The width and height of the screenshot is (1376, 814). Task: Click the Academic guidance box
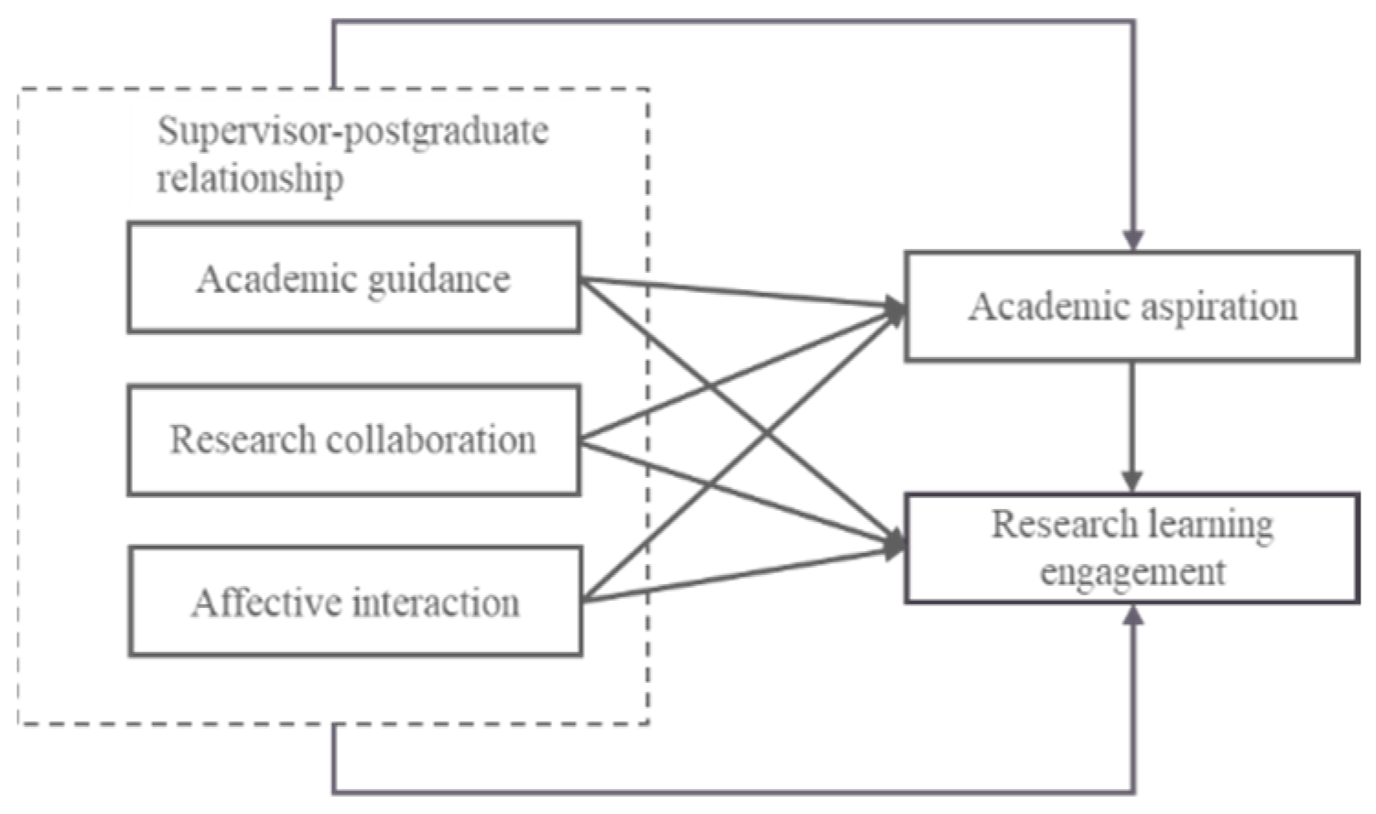click(353, 277)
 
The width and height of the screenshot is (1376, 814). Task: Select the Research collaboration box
click(353, 440)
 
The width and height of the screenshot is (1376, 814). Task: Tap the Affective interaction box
click(355, 602)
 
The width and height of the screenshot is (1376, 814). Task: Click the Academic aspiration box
click(1132, 307)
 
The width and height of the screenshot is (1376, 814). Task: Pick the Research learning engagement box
click(1132, 548)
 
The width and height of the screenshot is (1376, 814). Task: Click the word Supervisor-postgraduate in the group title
click(352, 131)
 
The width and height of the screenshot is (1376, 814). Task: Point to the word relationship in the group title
click(250, 178)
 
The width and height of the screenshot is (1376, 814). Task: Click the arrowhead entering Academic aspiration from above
click(1133, 241)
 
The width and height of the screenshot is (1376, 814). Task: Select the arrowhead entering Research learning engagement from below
click(1133, 615)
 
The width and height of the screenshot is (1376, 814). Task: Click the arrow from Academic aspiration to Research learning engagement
click(1132, 426)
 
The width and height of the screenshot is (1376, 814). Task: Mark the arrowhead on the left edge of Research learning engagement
click(894, 547)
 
